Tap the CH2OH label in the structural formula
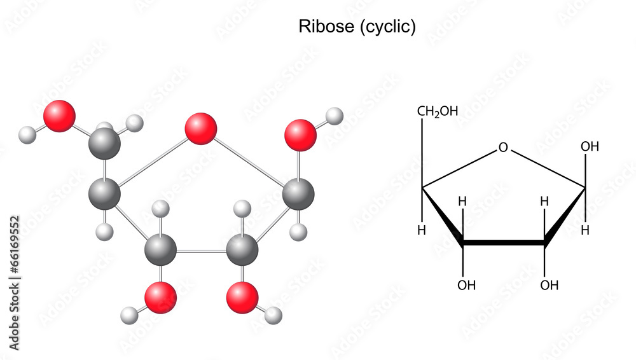tap(438, 112)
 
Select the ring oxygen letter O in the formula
tap(503, 148)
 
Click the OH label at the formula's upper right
tap(590, 147)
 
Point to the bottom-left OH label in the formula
tap(467, 285)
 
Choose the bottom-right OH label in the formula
tap(550, 285)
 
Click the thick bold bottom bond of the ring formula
tap(503, 242)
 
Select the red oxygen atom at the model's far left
tap(59, 116)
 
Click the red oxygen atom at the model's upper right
tap(300, 135)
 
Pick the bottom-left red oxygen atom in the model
tap(160, 298)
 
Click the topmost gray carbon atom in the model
tap(105, 144)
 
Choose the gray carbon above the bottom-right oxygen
tap(242, 249)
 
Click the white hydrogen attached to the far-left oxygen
tap(27, 135)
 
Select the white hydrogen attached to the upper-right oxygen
tap(335, 116)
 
